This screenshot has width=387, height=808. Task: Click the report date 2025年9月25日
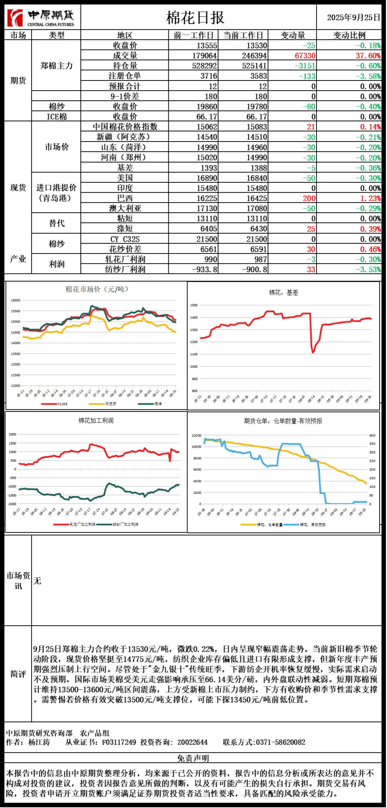point(353,18)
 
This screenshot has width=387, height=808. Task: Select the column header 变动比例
point(349,35)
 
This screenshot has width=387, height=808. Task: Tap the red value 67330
point(305,56)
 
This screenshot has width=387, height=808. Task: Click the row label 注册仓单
point(125,76)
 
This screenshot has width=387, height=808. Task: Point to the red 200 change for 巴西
point(309,198)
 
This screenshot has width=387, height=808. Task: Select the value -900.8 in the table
point(254,269)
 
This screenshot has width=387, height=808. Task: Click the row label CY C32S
point(125,239)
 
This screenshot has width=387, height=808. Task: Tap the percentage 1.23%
point(370,198)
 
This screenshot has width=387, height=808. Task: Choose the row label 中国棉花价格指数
point(125,127)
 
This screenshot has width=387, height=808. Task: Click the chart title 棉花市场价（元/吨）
point(97,289)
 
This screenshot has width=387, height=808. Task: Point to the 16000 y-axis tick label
point(15,300)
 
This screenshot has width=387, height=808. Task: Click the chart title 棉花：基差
point(283,293)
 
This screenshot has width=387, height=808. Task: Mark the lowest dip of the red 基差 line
point(313,352)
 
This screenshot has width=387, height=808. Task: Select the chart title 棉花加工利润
point(96,420)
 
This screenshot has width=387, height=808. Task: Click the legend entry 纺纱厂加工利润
point(125,524)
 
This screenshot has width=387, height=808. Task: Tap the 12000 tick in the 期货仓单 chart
point(196,435)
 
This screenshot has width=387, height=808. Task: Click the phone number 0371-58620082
point(280,742)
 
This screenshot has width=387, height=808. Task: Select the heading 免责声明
point(193,758)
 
